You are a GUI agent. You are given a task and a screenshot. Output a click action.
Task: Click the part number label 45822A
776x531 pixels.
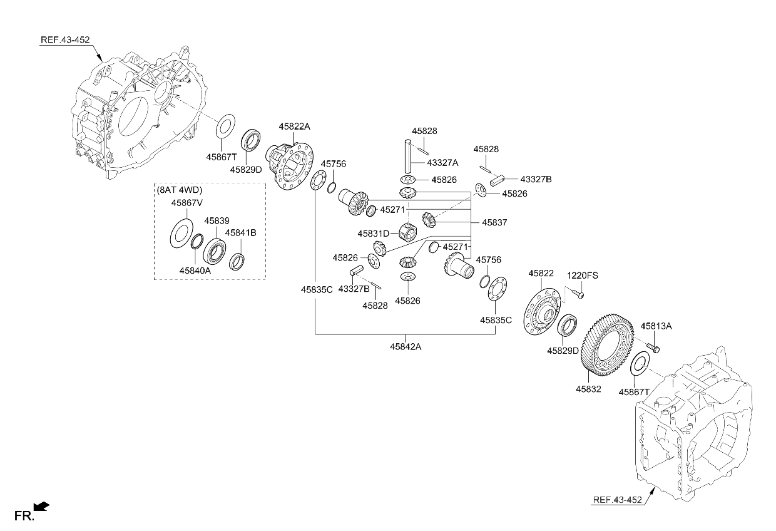tap(295, 126)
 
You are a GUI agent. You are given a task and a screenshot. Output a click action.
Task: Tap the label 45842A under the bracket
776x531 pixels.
tap(406, 346)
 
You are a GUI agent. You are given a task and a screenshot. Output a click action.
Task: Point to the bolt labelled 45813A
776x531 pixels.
tap(653, 348)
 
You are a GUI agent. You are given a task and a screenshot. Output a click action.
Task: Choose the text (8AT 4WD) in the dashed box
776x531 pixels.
tap(180, 190)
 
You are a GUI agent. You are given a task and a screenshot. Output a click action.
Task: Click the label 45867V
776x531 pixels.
tap(186, 203)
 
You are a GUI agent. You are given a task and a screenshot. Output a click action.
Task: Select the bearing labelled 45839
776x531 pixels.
tap(215, 250)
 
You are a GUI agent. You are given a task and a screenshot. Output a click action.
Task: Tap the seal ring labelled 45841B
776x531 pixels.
tap(237, 262)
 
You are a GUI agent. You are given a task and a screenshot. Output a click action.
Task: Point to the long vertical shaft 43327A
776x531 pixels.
tap(408, 157)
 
